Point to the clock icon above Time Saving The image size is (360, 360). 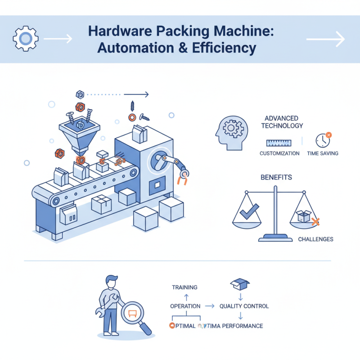[x=323, y=140]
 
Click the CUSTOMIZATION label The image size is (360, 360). [x=279, y=153]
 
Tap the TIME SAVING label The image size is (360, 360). [x=323, y=153]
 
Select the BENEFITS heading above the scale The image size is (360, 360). [x=276, y=177]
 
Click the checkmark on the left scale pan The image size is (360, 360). [x=249, y=211]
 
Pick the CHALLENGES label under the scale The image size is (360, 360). [x=315, y=239]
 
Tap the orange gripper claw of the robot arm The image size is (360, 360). [x=183, y=179]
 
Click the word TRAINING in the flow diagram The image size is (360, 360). [x=184, y=287]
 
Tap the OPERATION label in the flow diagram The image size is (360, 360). [x=185, y=306]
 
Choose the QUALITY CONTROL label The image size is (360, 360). [x=244, y=306]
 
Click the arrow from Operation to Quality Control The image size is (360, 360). [x=209, y=306]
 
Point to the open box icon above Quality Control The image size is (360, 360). [x=240, y=283]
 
